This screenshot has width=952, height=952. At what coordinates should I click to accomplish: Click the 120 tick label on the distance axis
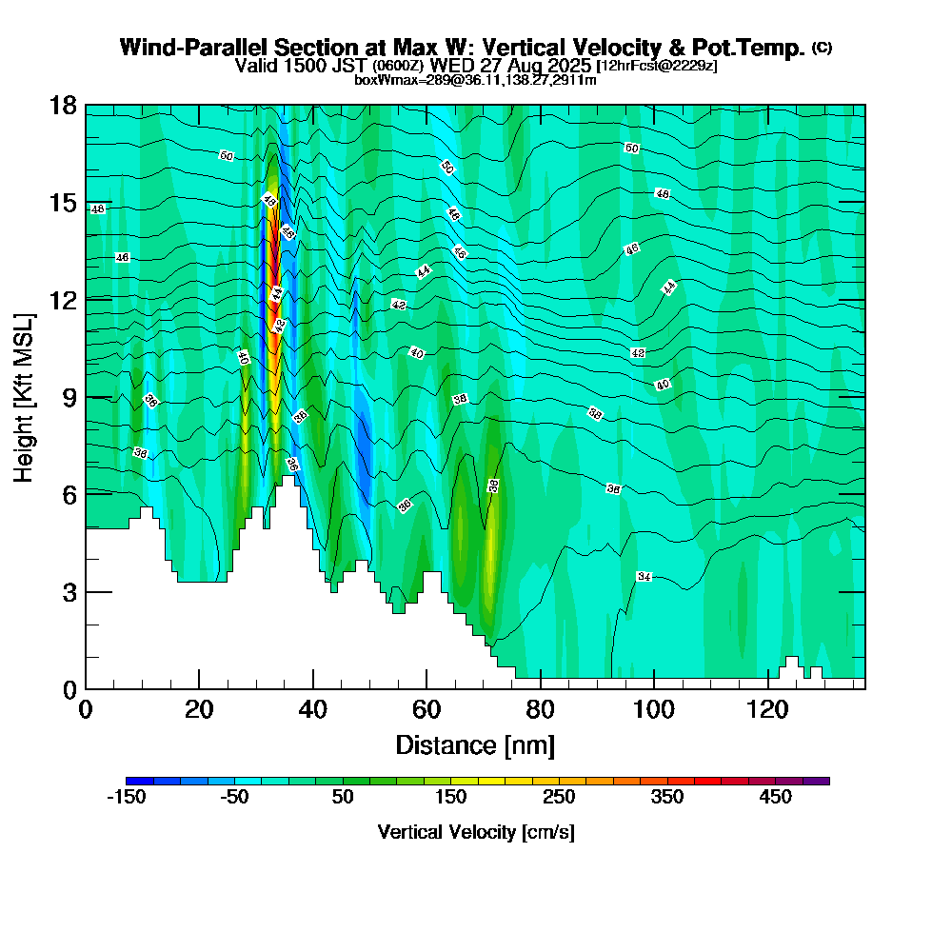[x=767, y=710]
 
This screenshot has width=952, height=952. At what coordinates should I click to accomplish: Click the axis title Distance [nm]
[x=475, y=744]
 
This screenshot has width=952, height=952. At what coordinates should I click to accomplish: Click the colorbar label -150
[x=126, y=797]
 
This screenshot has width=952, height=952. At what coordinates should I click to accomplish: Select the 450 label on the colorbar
[x=775, y=797]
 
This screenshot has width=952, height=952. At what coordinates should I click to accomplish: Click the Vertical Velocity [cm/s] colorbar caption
[x=475, y=832]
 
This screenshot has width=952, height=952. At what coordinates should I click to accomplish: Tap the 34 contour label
[x=644, y=577]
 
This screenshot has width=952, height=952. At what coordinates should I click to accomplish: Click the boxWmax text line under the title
[x=475, y=80]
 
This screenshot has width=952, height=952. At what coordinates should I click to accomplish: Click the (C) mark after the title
[x=822, y=48]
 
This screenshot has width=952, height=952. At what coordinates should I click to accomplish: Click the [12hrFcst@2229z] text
[x=657, y=66]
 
